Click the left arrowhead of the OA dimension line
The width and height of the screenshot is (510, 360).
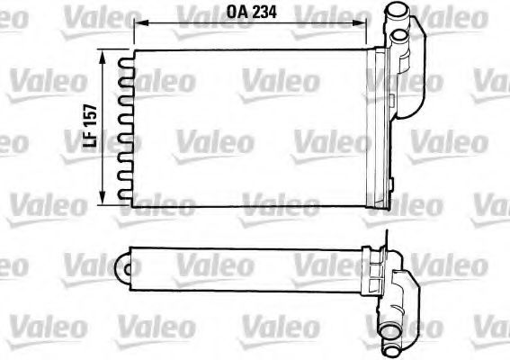pos(138,24)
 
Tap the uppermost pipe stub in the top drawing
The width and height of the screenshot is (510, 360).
pos(397,14)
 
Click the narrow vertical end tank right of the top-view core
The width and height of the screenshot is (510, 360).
pos(385,126)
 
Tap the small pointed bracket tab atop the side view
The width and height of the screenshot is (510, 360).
pos(383,238)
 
